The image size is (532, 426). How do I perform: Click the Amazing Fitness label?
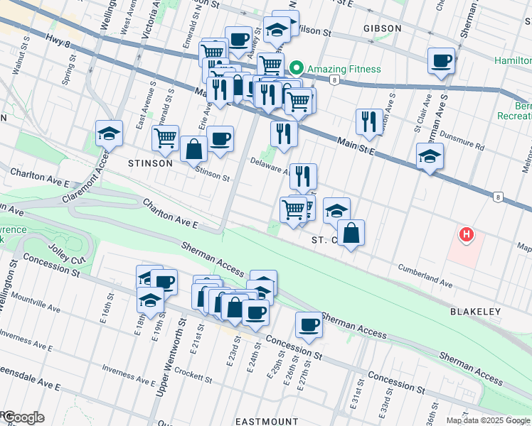click(344, 69)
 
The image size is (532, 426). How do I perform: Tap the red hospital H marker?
click(466, 234)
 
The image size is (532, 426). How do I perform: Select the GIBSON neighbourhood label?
click(382, 28)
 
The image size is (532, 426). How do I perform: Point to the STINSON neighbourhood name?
click(150, 163)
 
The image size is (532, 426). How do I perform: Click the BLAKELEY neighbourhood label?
click(475, 312)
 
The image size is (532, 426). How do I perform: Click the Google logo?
click(23, 417)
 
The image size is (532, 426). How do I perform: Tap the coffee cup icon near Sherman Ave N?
click(441, 61)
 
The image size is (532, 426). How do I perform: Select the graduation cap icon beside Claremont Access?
click(109, 133)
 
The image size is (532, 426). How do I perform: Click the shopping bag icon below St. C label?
click(351, 233)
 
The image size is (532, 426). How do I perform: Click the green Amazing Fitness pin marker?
click(296, 69)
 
